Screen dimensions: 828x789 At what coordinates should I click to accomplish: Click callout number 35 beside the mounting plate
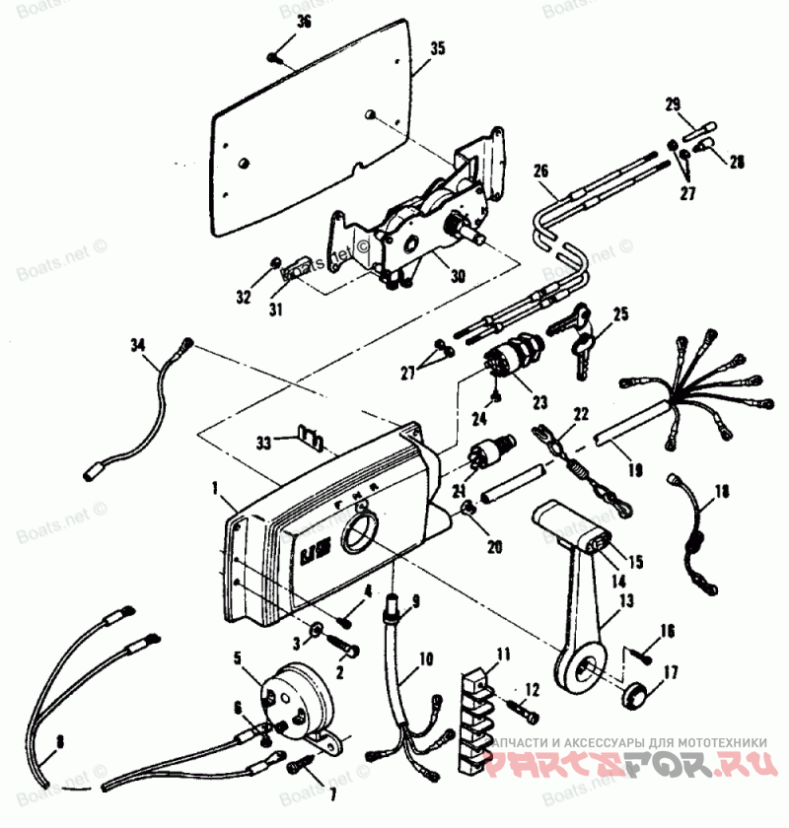(438, 47)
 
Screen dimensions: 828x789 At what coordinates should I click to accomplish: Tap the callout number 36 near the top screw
(303, 22)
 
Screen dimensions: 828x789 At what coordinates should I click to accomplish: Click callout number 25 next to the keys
(619, 314)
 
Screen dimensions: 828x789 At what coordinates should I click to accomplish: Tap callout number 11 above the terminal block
(503, 653)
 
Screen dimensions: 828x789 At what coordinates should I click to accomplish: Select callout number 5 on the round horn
(237, 655)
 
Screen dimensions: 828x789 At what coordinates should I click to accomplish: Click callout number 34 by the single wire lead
(137, 345)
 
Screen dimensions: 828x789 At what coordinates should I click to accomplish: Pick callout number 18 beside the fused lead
(723, 489)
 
